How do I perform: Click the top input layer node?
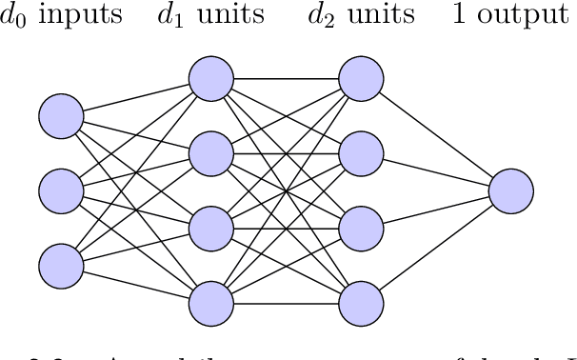(x=61, y=116)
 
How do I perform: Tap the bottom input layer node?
(x=61, y=265)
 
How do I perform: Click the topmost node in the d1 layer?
(x=210, y=78)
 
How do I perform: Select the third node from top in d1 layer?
(x=210, y=229)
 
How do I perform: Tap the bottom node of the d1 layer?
(x=210, y=304)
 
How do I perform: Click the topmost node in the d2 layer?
(x=361, y=78)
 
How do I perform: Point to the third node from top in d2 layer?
(x=361, y=229)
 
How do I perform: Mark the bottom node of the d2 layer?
(x=361, y=304)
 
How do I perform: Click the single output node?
(x=511, y=190)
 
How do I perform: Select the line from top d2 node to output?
(x=436, y=134)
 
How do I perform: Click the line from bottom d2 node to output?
(x=436, y=248)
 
